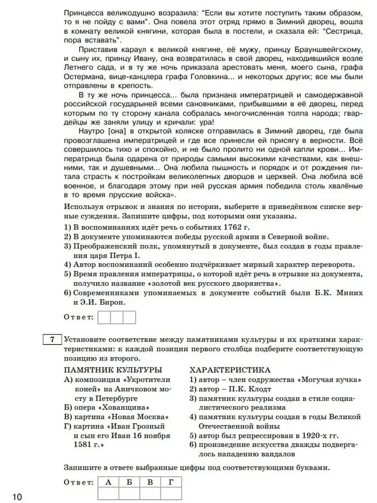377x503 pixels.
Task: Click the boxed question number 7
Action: pyautogui.click(x=53, y=340)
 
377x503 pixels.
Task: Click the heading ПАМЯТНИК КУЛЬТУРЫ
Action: pyautogui.click(x=113, y=370)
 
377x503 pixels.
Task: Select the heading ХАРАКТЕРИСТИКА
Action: pyautogui.click(x=230, y=370)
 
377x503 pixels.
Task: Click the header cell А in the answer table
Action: pyautogui.click(x=108, y=482)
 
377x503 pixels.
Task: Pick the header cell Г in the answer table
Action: pyautogui.click(x=171, y=482)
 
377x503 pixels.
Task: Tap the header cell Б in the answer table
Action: pyautogui.click(x=129, y=482)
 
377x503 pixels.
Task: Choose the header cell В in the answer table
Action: pyautogui.click(x=150, y=482)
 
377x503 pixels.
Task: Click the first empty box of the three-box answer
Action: pyautogui.click(x=104, y=317)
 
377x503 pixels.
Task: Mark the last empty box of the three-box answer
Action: pyautogui.click(x=129, y=317)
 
